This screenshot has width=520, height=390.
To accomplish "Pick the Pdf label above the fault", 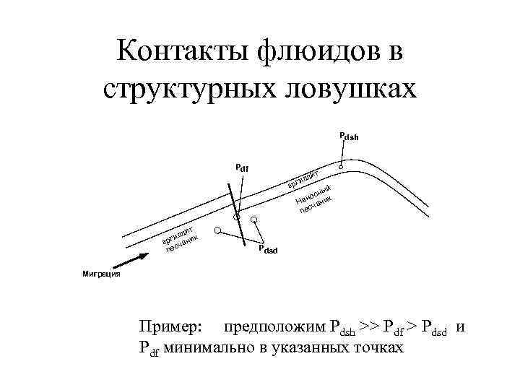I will click(242, 168).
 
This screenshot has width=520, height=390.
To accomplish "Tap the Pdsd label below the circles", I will click(267, 250).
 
